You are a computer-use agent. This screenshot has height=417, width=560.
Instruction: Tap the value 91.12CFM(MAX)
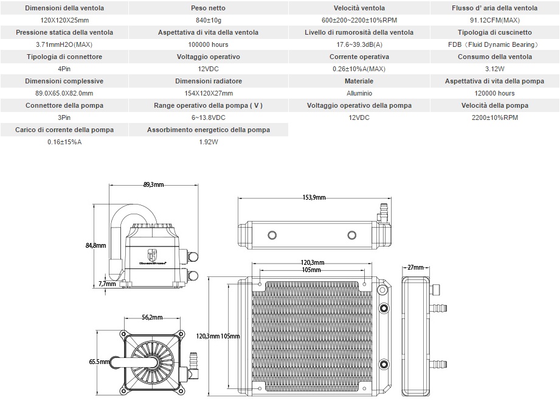[x=494, y=20]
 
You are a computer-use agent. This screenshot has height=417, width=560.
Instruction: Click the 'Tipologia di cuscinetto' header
[x=494, y=32]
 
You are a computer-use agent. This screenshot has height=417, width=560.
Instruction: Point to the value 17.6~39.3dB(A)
[x=359, y=44]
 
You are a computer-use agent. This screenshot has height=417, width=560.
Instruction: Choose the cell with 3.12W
[x=494, y=69]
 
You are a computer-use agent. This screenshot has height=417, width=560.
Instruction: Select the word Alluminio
[x=359, y=93]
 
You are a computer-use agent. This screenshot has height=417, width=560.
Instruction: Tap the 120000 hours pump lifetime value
[x=494, y=93]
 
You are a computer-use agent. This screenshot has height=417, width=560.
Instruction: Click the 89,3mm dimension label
[x=153, y=184]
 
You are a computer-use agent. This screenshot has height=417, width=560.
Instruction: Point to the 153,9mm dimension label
[x=314, y=197]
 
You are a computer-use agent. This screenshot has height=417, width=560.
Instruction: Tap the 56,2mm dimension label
[x=152, y=317]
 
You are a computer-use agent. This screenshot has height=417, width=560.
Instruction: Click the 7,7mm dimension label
[x=106, y=284]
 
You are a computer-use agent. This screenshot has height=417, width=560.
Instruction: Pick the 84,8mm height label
[x=96, y=245]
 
